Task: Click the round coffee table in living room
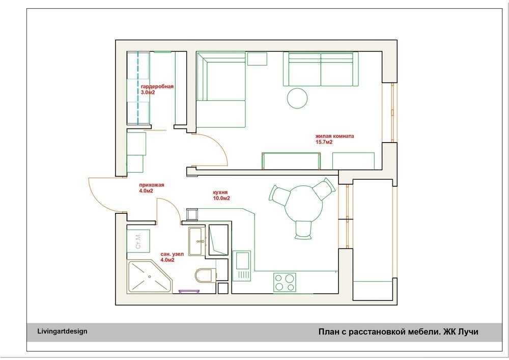pyautogui.click(x=297, y=98)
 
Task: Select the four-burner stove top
pyautogui.click(x=285, y=283)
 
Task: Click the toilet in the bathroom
pyautogui.click(x=206, y=275)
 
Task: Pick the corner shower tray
pyautogui.click(x=149, y=276)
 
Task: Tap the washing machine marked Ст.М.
pyautogui.click(x=138, y=241)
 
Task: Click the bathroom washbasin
pyautogui.click(x=196, y=241)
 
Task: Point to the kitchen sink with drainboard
pyautogui.click(x=242, y=266)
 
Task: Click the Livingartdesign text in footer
pyautogui.click(x=62, y=331)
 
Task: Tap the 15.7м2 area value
pyautogui.click(x=324, y=142)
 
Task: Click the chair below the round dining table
pyautogui.click(x=303, y=230)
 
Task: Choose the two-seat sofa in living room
pyautogui.click(x=321, y=69)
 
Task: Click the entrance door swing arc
pyautogui.click(x=97, y=198)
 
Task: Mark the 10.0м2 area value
pyautogui.click(x=221, y=198)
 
